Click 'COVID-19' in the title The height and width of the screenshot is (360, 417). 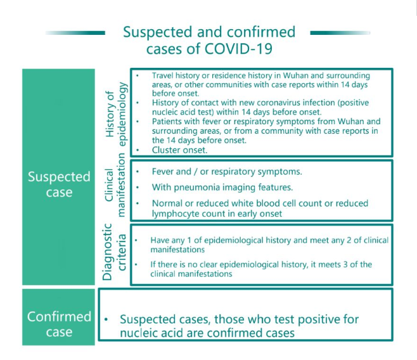click(x=238, y=49)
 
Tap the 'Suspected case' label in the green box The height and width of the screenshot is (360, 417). click(x=59, y=184)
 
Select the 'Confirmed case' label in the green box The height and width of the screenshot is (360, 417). click(x=59, y=324)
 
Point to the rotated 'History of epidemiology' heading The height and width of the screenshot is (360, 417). click(x=116, y=114)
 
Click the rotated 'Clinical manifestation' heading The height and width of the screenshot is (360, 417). click(x=115, y=185)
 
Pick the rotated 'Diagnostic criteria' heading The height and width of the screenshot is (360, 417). click(x=114, y=252)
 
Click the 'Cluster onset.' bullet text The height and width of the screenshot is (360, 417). click(x=179, y=150)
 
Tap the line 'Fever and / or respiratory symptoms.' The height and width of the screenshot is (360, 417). click(x=227, y=172)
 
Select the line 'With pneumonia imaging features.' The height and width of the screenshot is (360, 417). click(x=222, y=188)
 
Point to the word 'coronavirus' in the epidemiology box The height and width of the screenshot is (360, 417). click(x=274, y=103)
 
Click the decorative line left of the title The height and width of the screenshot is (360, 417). click(x=75, y=33)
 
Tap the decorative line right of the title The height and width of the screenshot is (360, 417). click(x=340, y=33)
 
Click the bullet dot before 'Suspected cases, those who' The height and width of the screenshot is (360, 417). click(x=106, y=319)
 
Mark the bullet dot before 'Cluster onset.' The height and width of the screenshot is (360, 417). click(x=138, y=150)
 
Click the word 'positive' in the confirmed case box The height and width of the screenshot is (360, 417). click(x=318, y=320)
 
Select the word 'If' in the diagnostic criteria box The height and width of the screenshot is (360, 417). click(x=153, y=264)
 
